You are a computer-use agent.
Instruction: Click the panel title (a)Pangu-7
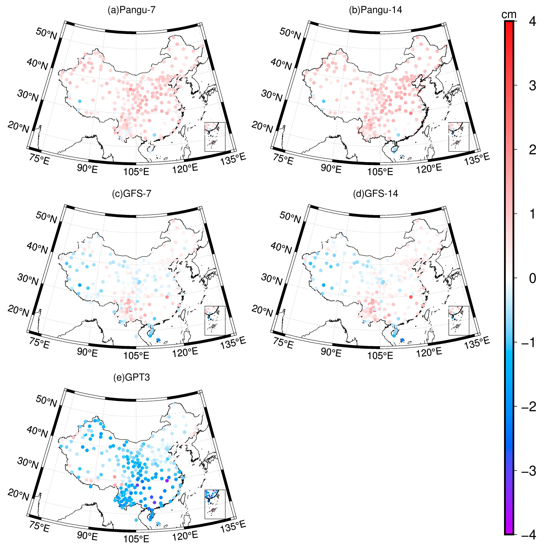pos(132,10)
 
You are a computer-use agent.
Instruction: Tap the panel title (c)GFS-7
pos(132,194)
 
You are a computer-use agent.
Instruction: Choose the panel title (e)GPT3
pos(132,377)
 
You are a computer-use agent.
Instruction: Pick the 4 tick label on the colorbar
pos(532,21)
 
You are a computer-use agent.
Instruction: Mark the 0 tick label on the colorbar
pos(532,278)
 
